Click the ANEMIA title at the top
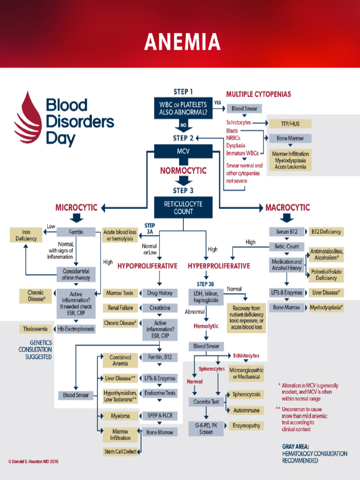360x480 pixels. click(182, 42)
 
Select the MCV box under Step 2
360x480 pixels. click(183, 152)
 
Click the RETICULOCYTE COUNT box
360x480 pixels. click(183, 208)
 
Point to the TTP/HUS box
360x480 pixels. click(290, 124)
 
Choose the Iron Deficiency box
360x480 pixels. click(26, 235)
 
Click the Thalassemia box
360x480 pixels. click(35, 329)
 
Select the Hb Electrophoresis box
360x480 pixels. click(76, 329)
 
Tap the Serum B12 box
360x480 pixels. click(287, 232)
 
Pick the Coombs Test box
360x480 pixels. click(206, 402)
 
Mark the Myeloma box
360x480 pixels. click(120, 416)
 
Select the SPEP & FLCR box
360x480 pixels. click(159, 416)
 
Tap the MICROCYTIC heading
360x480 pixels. click(76, 207)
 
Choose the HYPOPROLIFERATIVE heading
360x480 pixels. click(147, 266)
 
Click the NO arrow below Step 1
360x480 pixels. click(183, 125)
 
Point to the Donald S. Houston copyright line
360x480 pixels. click(33, 461)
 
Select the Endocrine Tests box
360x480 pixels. click(159, 393)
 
